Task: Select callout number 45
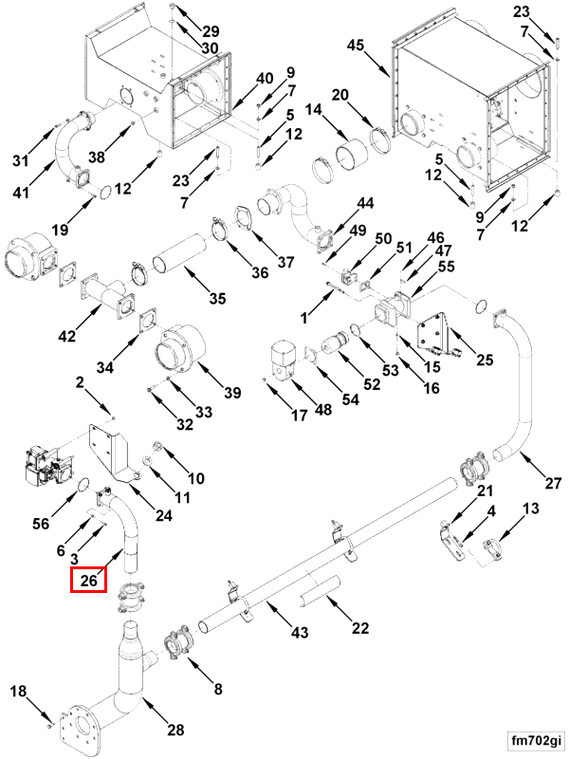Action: coord(355,46)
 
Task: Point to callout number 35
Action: coord(217,300)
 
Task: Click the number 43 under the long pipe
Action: coord(300,632)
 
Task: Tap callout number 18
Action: coord(18,692)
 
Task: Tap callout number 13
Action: coord(530,509)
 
